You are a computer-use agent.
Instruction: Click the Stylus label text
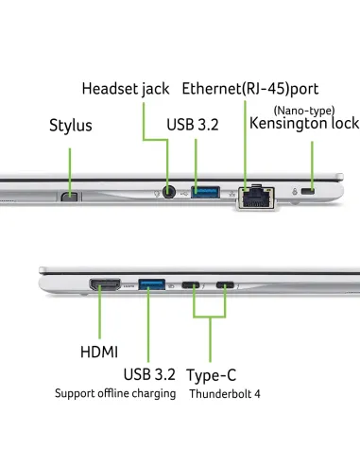[71, 126]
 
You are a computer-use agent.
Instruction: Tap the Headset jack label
[126, 89]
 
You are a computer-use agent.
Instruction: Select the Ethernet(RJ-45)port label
[250, 89]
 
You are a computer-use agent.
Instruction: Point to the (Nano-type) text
[304, 111]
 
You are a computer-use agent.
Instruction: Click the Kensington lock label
[304, 123]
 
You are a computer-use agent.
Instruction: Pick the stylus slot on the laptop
[70, 197]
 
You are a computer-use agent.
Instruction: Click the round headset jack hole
[169, 192]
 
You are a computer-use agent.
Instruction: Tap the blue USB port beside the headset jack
[205, 192]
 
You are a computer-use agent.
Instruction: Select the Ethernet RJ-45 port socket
[256, 198]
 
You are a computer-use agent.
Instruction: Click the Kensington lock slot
[308, 191]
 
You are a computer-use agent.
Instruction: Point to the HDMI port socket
[105, 284]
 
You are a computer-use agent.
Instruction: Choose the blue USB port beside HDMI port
[152, 284]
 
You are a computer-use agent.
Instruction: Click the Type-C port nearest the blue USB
[191, 285]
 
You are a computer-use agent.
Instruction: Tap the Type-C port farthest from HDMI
[225, 285]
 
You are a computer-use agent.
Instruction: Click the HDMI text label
[99, 352]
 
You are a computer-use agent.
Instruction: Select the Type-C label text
[211, 375]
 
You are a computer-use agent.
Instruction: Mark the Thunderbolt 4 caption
[225, 394]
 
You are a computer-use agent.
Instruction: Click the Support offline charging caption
[115, 394]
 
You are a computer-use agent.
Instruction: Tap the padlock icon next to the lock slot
[295, 191]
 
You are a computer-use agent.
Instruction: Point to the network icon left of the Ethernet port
[232, 194]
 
